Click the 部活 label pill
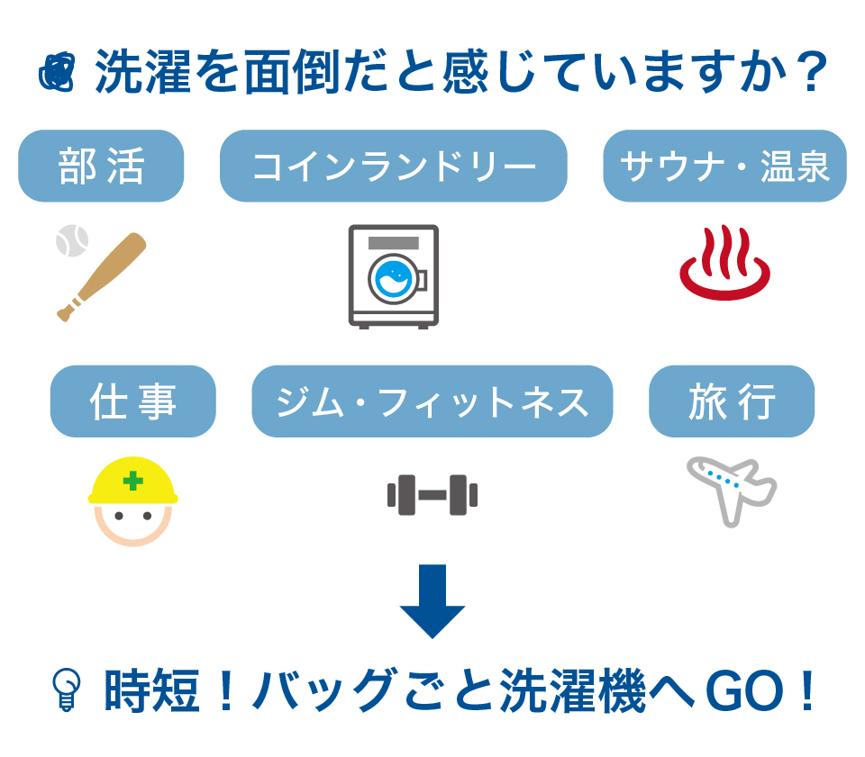click(101, 166)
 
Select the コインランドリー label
click(394, 166)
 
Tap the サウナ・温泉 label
click(724, 166)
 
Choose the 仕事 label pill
click(133, 401)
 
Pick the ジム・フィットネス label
click(432, 401)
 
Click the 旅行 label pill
click(732, 401)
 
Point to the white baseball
click(72, 240)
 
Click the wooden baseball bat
click(102, 277)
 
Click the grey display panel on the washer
click(394, 243)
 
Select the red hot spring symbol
click(724, 263)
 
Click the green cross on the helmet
click(133, 481)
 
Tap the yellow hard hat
click(133, 481)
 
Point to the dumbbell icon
click(432, 495)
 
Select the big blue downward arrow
click(432, 601)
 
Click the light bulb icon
click(66, 689)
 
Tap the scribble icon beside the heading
click(57, 72)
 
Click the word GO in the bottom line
click(744, 689)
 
